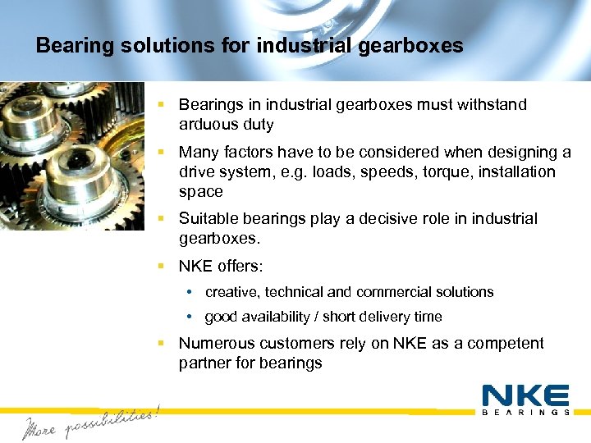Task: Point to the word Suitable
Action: tap(208, 219)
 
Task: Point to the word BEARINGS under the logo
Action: tap(525, 413)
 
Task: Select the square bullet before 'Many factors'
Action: tap(163, 152)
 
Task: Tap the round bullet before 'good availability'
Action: tap(190, 317)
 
